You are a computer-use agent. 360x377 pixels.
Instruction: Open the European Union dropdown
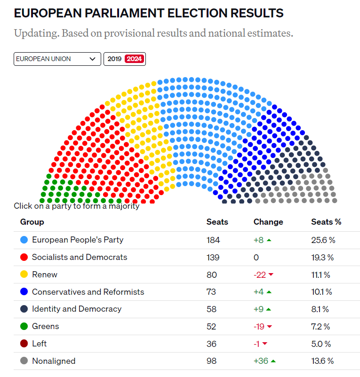click(x=57, y=59)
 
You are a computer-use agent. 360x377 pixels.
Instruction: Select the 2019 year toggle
click(x=114, y=59)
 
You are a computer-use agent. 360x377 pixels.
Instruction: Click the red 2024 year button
click(x=135, y=59)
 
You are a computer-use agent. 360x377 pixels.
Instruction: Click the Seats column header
click(x=217, y=222)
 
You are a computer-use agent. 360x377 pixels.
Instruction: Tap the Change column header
click(x=268, y=222)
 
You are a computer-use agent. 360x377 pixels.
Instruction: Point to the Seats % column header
click(x=326, y=222)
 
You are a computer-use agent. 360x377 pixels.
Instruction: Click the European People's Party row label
click(x=78, y=240)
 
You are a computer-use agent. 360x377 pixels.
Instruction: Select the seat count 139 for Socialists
click(x=213, y=257)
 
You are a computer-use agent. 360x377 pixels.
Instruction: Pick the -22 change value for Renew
click(x=260, y=275)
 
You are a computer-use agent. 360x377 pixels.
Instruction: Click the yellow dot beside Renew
click(x=24, y=275)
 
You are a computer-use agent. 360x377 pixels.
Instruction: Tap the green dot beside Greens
click(x=24, y=326)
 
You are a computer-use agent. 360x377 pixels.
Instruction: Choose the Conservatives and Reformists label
click(x=88, y=292)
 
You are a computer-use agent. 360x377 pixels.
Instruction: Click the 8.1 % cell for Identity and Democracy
click(x=320, y=309)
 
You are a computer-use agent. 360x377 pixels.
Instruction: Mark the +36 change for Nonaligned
click(x=260, y=361)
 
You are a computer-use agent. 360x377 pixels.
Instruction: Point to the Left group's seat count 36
click(x=212, y=344)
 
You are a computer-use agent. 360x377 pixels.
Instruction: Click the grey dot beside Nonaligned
click(x=24, y=361)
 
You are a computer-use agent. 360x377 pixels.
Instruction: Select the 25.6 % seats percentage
click(x=323, y=240)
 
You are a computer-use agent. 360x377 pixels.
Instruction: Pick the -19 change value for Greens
click(x=259, y=326)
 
